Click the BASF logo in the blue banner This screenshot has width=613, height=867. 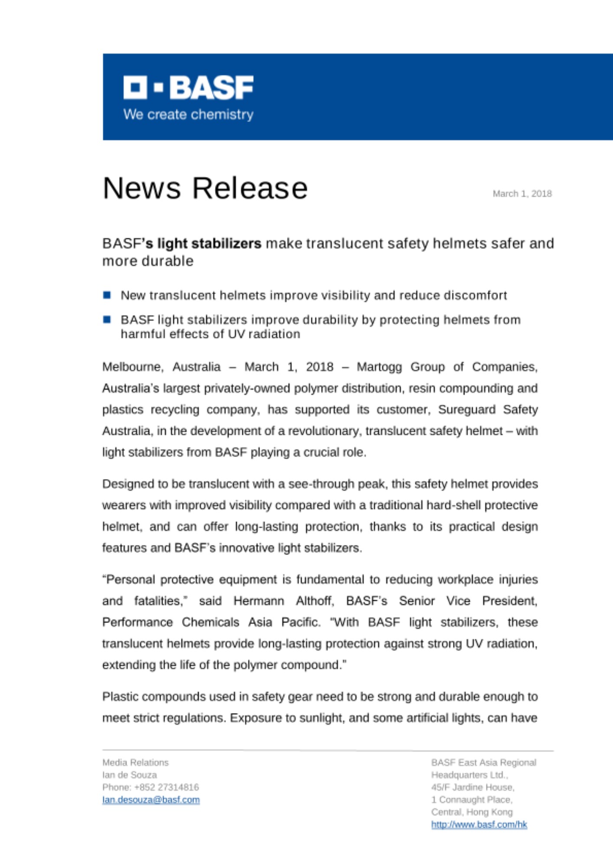pyautogui.click(x=188, y=88)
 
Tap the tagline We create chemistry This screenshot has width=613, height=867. pyautogui.click(x=188, y=114)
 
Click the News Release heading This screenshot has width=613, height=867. pyautogui.click(x=205, y=188)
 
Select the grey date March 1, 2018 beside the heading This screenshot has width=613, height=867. pyautogui.click(x=522, y=194)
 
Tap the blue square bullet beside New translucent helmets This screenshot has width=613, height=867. pyautogui.click(x=107, y=295)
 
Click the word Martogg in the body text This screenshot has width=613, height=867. pyautogui.click(x=379, y=367)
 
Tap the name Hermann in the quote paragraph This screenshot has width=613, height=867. pyautogui.click(x=258, y=601)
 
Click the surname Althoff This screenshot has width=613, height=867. pyautogui.click(x=314, y=601)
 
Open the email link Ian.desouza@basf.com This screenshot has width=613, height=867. pyautogui.click(x=151, y=800)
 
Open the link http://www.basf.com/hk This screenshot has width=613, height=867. pyautogui.click(x=479, y=825)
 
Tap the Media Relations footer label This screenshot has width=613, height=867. pyautogui.click(x=135, y=763)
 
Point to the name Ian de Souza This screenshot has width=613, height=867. pyautogui.click(x=130, y=775)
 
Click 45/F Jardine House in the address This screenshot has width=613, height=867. pyautogui.click(x=473, y=787)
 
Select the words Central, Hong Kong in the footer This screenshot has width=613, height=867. pyautogui.click(x=472, y=812)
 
